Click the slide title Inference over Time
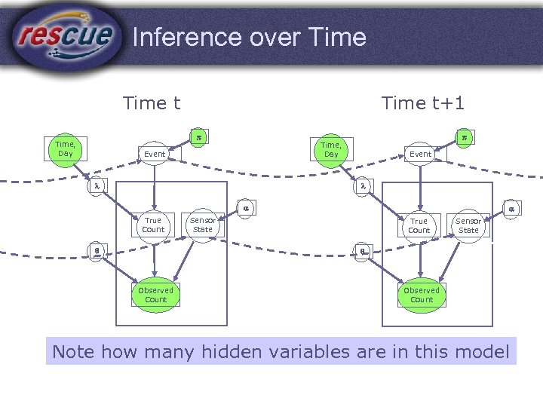point(249,37)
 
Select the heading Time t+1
point(424,103)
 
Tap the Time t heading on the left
point(151,103)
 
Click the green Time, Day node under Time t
point(65,148)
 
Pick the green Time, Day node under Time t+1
point(331,149)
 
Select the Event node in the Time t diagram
point(155,154)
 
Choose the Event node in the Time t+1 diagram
point(421,154)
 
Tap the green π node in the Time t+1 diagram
point(465,138)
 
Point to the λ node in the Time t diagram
point(96,185)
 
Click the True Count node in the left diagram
point(153,225)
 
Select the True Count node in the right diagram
point(419,225)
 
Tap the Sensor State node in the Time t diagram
point(203,225)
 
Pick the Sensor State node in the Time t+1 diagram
point(468,225)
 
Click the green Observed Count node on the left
point(155,295)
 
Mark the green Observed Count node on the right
point(422,295)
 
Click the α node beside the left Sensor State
point(245,209)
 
